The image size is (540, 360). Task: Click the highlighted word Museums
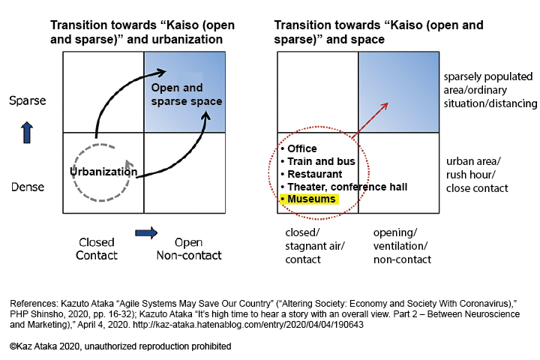point(311,199)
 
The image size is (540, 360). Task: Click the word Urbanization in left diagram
point(104,171)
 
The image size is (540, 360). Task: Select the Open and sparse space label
point(187,94)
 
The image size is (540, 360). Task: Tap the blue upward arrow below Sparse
point(28,133)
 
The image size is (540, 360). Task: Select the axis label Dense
point(27,187)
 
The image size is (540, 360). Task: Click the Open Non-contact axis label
point(187,249)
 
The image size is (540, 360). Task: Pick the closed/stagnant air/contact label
point(312,246)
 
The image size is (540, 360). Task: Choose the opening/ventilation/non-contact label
point(402,246)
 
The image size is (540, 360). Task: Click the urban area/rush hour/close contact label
point(477,174)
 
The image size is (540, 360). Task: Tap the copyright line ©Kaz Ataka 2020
point(120,346)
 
